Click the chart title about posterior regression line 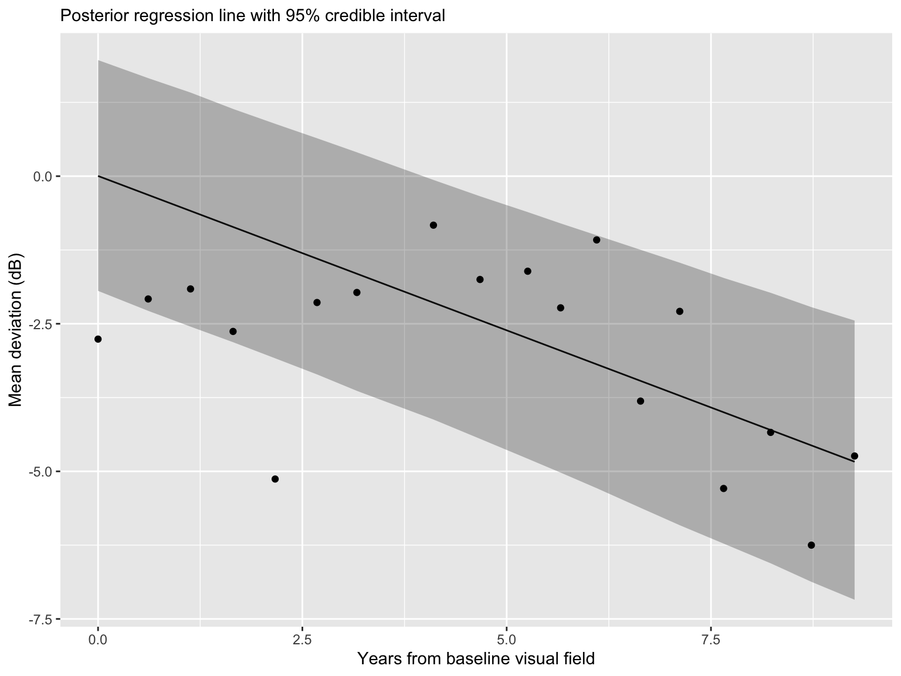(253, 16)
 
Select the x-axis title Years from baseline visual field (476, 659)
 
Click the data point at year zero (98, 339)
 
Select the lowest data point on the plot (811, 545)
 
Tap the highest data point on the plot (433, 225)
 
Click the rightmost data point (854, 456)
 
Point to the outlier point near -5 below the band (275, 479)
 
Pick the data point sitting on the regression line (770, 432)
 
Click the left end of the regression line (99, 176)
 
